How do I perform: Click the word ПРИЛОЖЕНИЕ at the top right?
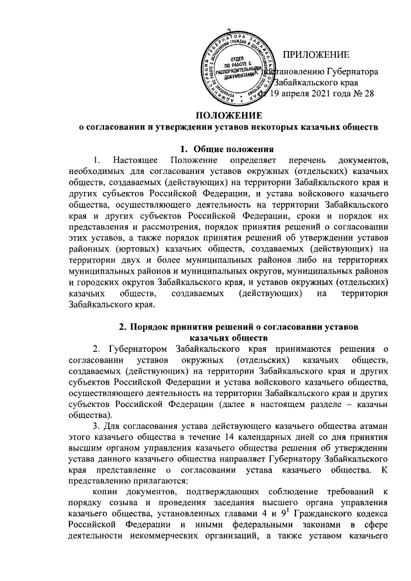[316, 53]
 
